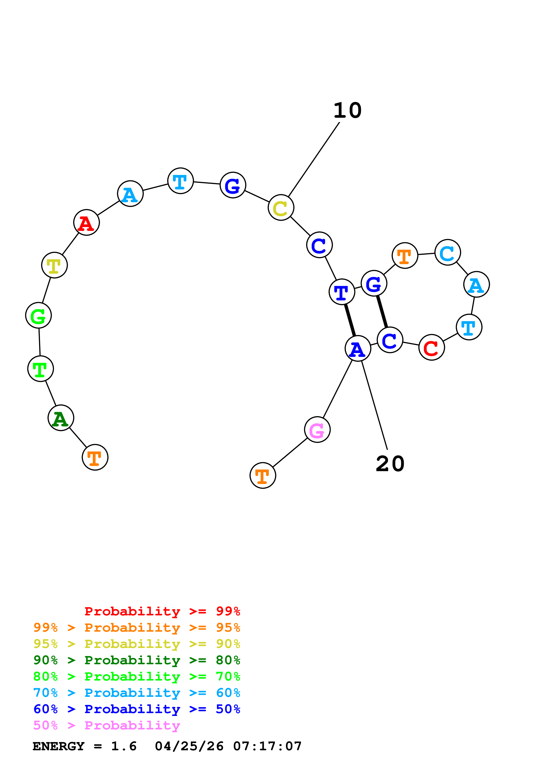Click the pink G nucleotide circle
317,429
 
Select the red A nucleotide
86,222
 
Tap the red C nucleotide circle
431,348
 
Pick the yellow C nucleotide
281,208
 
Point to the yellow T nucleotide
54,265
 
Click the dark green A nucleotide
61,418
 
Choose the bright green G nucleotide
38,315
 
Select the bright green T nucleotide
40,369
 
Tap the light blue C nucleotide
447,253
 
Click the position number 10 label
347,111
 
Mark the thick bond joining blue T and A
350,320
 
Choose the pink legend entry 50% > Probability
107,726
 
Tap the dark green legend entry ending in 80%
137,660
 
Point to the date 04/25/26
189,746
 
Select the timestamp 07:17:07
267,746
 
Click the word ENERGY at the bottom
58,746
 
